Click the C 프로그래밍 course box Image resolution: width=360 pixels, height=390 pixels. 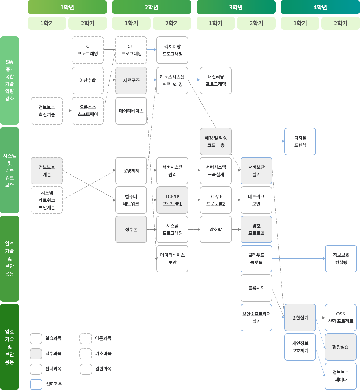click(x=88, y=50)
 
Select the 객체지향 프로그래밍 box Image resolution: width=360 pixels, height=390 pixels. click(x=172, y=50)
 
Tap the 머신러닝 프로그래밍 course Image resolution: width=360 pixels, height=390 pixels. click(x=216, y=81)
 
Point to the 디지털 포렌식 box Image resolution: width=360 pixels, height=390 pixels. click(x=300, y=141)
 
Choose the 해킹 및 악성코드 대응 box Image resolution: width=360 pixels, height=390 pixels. click(x=216, y=141)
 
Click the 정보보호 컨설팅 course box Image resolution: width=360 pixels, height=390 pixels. click(x=341, y=259)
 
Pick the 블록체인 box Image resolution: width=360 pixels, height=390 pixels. click(x=256, y=288)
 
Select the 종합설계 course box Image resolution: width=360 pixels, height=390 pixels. click(x=300, y=318)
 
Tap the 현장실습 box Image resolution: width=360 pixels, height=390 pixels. click(x=341, y=347)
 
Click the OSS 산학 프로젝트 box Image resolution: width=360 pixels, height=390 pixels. click(x=341, y=318)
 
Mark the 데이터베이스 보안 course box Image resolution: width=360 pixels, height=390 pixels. click(x=172, y=259)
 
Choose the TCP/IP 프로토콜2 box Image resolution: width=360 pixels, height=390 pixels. click(x=216, y=200)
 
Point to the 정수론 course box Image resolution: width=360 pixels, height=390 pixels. click(x=131, y=229)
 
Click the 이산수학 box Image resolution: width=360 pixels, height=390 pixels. click(x=88, y=80)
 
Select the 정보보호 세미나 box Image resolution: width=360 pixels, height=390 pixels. click(x=341, y=376)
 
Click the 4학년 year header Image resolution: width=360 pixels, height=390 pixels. click(x=320, y=7)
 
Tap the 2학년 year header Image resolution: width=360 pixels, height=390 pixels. click(x=152, y=7)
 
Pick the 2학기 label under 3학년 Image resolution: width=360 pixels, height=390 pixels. click(x=256, y=23)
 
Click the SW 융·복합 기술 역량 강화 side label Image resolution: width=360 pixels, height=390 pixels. click(x=9, y=80)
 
